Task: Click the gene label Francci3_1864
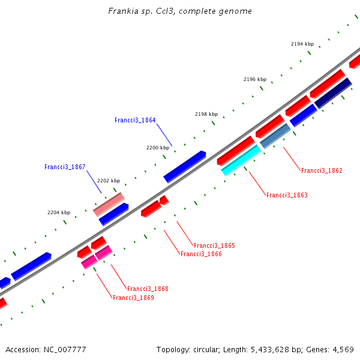(x=135, y=120)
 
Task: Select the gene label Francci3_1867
(x=65, y=167)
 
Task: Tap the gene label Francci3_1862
(x=322, y=170)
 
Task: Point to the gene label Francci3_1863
(x=287, y=195)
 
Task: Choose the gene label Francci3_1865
(x=214, y=245)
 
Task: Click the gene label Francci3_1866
(x=201, y=254)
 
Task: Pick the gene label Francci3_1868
(x=148, y=289)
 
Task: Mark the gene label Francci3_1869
(x=133, y=298)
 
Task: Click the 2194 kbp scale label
(x=302, y=44)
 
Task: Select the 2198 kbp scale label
(x=206, y=114)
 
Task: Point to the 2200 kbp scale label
(x=158, y=147)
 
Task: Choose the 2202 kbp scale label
(x=109, y=181)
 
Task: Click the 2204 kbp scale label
(x=59, y=212)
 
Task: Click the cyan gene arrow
(x=241, y=160)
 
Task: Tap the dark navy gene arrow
(x=333, y=93)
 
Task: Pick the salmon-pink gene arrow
(x=109, y=204)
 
